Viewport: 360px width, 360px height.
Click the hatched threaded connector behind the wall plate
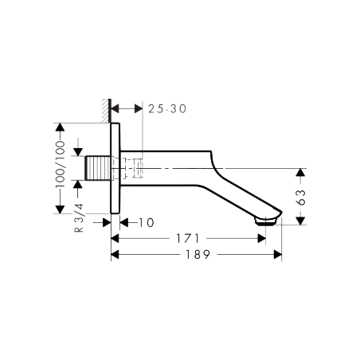point(98,169)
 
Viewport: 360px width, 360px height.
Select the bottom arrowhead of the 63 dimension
point(300,221)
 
